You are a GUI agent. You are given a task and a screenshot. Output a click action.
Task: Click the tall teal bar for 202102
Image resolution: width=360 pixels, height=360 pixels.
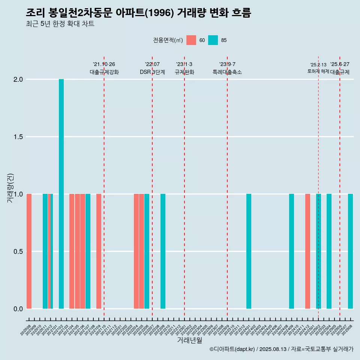tap(61, 194)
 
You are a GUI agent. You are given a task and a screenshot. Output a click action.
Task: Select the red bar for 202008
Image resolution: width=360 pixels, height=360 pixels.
tap(29, 251)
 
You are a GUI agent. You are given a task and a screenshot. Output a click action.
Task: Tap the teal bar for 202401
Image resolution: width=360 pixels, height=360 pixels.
tap(249, 251)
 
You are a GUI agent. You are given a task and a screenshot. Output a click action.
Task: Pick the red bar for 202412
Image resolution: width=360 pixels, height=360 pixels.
tap(307, 251)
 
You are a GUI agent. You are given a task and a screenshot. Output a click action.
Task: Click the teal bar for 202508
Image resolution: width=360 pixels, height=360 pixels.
tap(350, 251)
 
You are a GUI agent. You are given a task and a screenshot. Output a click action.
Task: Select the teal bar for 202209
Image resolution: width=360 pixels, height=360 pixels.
tap(163, 251)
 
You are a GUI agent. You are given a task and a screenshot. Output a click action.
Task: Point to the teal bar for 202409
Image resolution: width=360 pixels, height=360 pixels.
tap(291, 251)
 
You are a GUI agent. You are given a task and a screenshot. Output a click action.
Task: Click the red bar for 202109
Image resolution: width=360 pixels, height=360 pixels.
tap(99, 251)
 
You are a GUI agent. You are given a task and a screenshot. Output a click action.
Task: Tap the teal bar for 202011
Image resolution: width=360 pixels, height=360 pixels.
tap(45, 251)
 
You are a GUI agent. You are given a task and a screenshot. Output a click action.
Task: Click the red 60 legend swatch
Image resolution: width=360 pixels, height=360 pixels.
tap(191, 40)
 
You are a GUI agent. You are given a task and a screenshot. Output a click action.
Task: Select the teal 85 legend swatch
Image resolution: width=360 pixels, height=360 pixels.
tap(213, 40)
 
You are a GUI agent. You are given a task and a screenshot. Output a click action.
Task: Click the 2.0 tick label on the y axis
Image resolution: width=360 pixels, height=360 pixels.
tap(18, 79)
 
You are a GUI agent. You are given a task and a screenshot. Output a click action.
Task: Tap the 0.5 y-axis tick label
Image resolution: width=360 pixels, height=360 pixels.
tap(18, 252)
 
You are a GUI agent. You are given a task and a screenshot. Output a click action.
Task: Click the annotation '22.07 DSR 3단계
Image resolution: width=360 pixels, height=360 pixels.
tap(152, 68)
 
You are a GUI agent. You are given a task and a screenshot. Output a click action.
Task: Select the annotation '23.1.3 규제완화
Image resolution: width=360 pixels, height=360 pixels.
tap(184, 68)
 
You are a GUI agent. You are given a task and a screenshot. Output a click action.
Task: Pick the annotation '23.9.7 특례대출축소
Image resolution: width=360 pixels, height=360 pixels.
tap(227, 68)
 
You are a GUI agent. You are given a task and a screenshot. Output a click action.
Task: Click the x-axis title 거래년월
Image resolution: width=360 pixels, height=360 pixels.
tap(189, 340)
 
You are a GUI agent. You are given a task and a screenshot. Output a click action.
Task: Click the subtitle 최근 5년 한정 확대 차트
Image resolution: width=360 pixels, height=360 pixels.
tap(60, 24)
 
